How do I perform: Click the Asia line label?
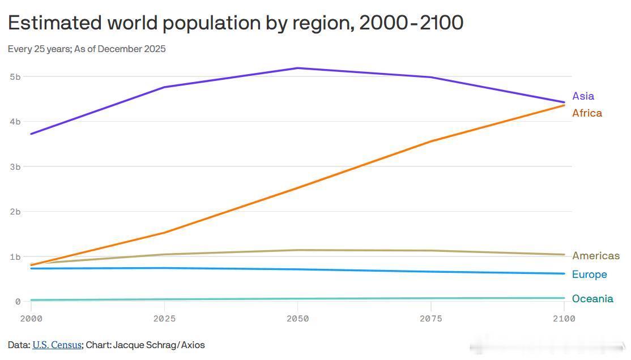click(583, 96)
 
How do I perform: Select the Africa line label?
click(587, 113)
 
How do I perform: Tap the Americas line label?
click(595, 256)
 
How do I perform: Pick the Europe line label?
click(589, 275)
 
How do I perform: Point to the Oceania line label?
click(592, 299)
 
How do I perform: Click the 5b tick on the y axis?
click(15, 76)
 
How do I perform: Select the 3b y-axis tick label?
click(15, 166)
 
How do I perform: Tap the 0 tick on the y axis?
click(18, 302)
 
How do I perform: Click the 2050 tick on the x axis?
click(297, 319)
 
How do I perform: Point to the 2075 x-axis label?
click(431, 319)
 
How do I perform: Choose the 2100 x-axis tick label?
click(564, 319)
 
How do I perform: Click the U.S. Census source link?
click(57, 345)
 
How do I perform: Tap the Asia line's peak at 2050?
click(297, 68)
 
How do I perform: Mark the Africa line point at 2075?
click(431, 142)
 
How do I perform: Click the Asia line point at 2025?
click(164, 87)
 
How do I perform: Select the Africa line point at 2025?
click(164, 233)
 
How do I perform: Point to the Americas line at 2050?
click(297, 250)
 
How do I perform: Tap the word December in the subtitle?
click(121, 49)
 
